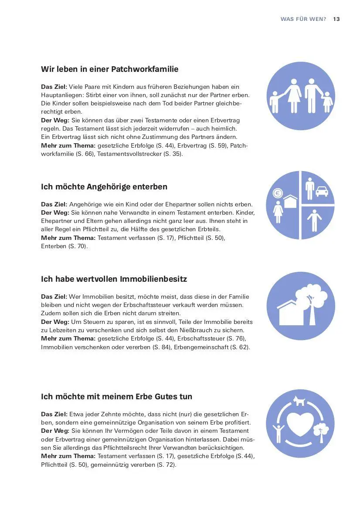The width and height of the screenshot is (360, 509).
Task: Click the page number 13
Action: pos(336,19)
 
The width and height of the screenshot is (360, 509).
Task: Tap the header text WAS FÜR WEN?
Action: pos(303,19)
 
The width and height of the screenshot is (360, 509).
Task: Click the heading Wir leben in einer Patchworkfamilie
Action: pos(109,69)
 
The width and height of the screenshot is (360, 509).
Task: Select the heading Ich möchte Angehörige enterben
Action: pos(104,187)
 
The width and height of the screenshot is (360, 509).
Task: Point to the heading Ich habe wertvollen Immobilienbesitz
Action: pos(114,279)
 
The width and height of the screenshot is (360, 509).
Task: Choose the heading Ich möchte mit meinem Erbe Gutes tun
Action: pos(116,397)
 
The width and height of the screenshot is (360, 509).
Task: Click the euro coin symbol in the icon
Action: pos(277,193)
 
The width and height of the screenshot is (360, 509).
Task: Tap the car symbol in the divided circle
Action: pos(322,191)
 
